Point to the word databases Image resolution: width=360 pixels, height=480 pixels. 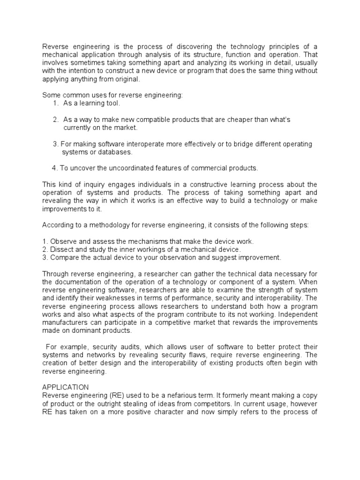[x=116, y=152]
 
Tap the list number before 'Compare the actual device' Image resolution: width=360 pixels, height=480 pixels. [x=44, y=257]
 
